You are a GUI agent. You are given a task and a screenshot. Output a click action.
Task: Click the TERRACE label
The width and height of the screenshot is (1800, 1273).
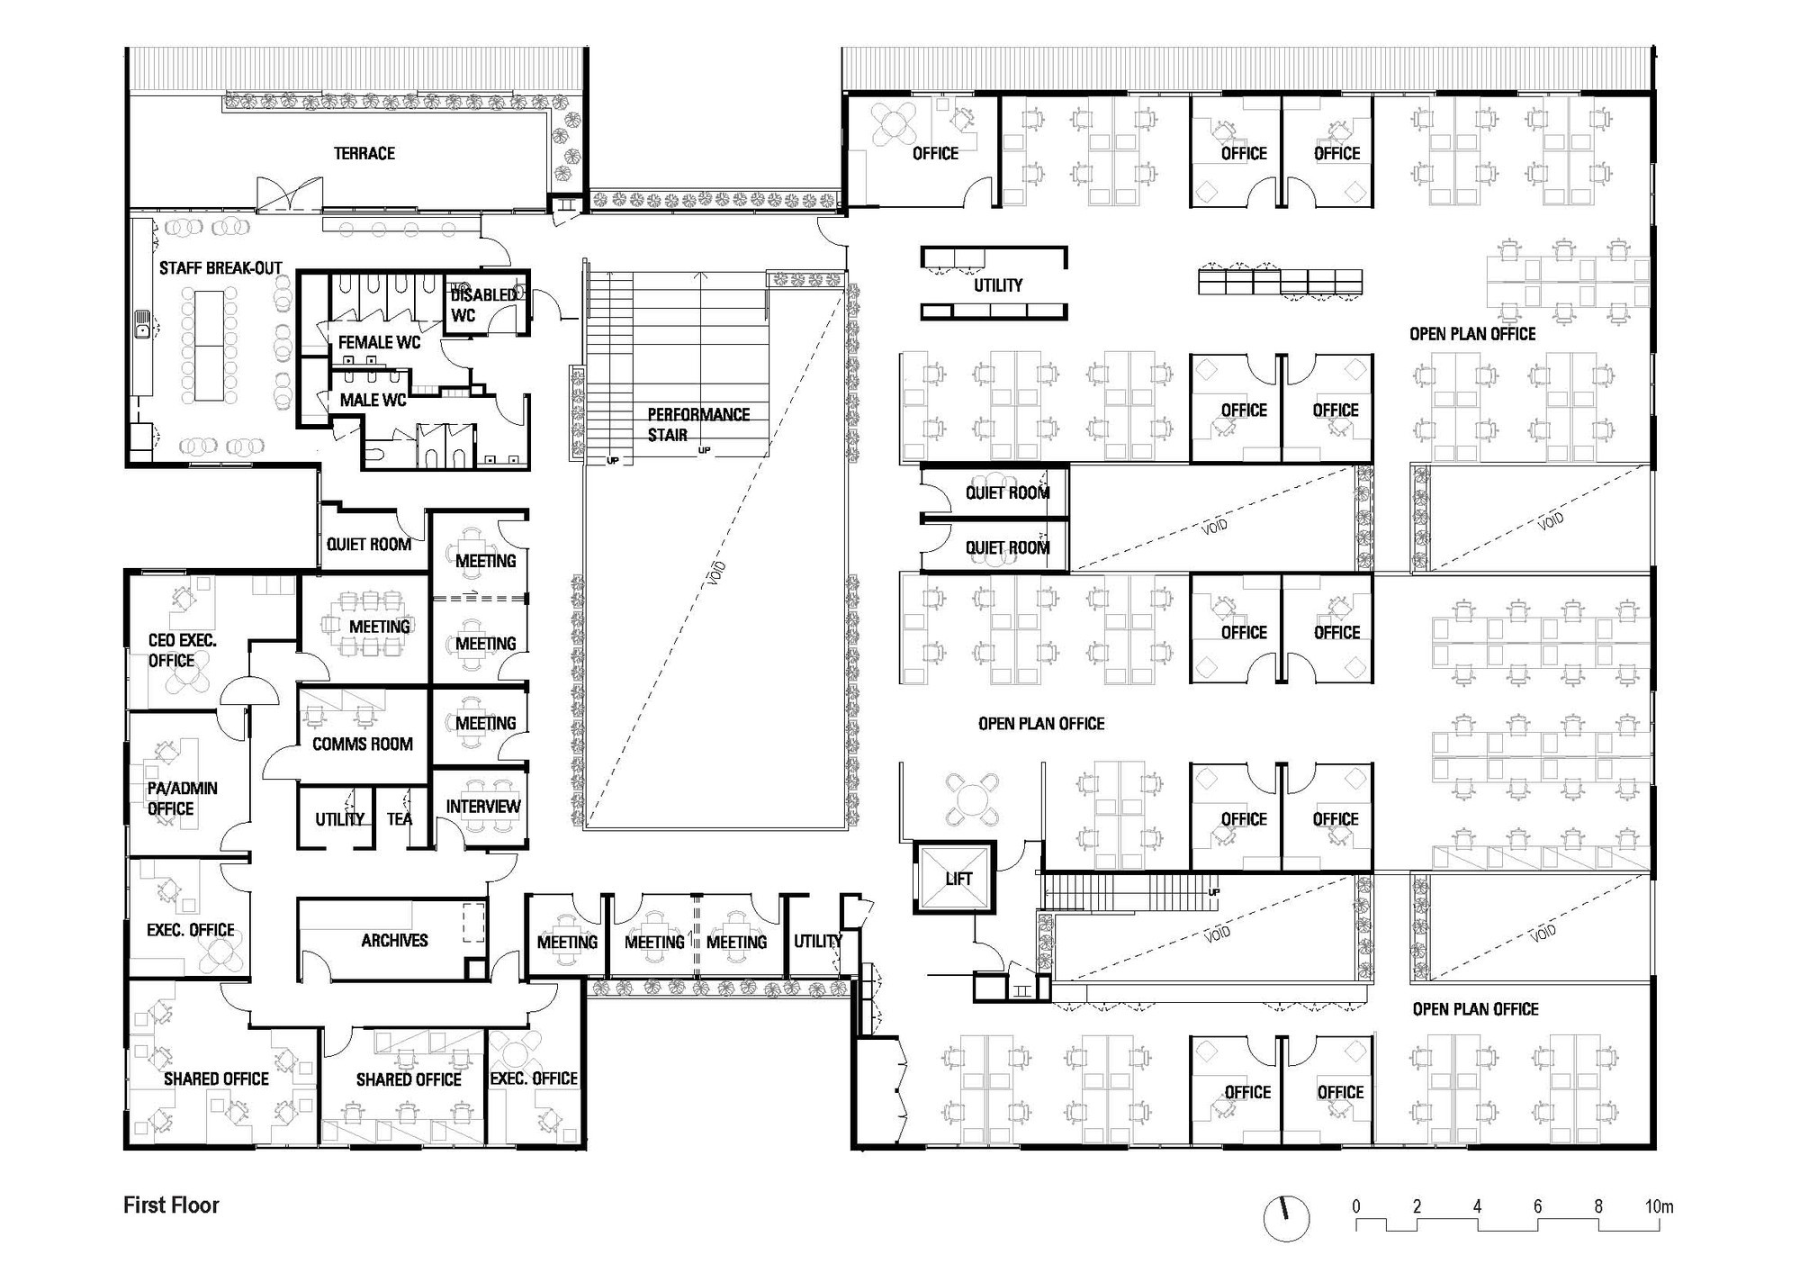click(x=364, y=153)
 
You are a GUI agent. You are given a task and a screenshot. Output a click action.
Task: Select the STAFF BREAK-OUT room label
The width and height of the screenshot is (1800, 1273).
click(x=220, y=267)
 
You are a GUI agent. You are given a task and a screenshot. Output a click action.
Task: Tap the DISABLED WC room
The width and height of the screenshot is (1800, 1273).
click(x=484, y=304)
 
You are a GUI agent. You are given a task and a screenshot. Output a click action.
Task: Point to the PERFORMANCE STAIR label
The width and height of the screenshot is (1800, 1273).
click(x=698, y=424)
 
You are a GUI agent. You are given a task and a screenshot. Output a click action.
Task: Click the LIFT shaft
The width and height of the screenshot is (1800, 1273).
click(x=957, y=878)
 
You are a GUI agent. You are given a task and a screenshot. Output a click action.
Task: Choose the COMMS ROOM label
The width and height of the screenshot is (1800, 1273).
click(x=363, y=744)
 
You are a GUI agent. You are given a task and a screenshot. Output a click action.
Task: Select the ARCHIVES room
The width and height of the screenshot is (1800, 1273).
click(x=394, y=939)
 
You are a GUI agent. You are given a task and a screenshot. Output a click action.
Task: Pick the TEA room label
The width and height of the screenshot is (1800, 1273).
click(x=400, y=818)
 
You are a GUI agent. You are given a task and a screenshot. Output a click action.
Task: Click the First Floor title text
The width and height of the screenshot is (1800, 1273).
click(x=171, y=1205)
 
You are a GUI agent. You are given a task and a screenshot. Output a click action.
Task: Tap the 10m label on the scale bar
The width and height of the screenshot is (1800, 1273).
click(x=1659, y=1205)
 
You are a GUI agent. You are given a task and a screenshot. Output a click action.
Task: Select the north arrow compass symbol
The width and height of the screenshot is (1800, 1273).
click(x=1286, y=1218)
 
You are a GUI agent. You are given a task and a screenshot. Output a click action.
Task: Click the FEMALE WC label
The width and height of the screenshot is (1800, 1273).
click(x=379, y=342)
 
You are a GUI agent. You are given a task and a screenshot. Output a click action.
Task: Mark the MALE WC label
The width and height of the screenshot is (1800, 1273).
click(x=373, y=400)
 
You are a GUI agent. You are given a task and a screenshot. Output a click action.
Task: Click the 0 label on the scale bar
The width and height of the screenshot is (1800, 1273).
click(x=1356, y=1205)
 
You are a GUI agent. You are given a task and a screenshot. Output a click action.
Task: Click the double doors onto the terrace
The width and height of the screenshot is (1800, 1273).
click(x=289, y=194)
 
